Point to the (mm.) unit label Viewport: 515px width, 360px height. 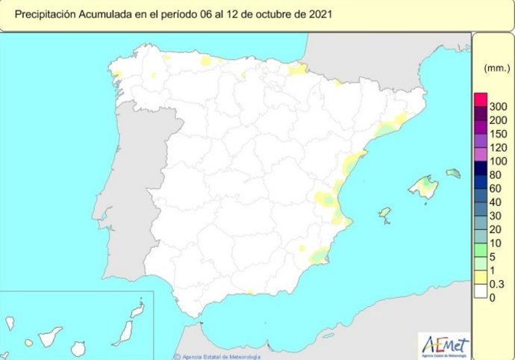pyautogui.click(x=496, y=68)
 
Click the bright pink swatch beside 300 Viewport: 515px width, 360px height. pyautogui.click(x=481, y=99)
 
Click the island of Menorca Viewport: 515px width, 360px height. pyautogui.click(x=453, y=173)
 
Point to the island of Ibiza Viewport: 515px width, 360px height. pyautogui.click(x=384, y=215)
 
